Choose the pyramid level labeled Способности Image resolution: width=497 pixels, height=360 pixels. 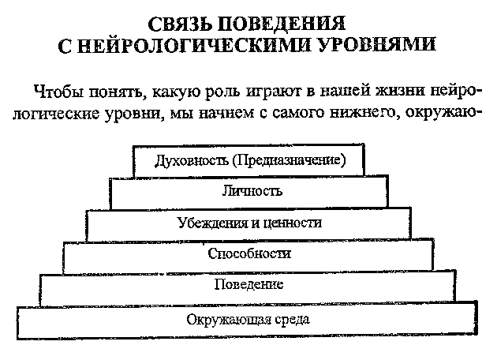(x=248, y=254)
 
